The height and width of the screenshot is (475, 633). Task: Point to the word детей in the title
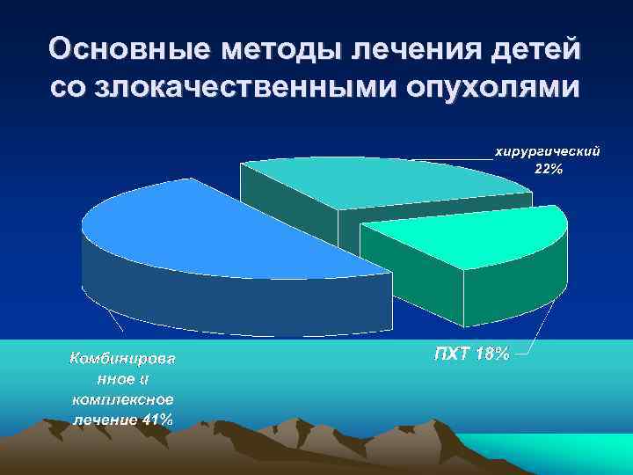coord(538,49)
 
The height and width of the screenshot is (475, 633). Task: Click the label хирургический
coord(549,153)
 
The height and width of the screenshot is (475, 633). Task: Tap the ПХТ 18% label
coord(471,354)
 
